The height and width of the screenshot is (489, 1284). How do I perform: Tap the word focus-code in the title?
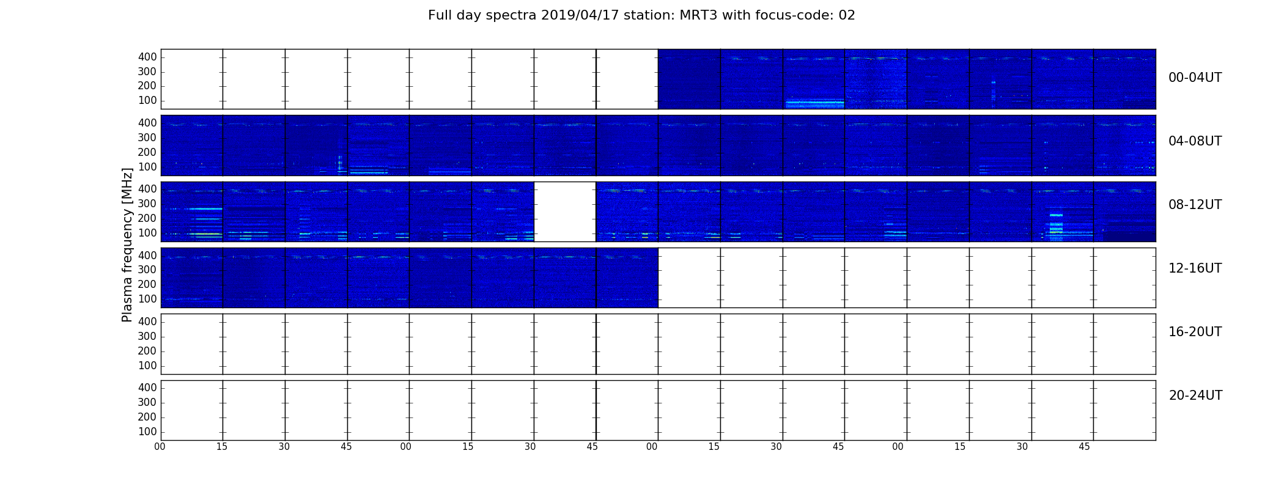click(788, 15)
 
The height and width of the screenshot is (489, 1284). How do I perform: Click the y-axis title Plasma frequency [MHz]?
click(127, 244)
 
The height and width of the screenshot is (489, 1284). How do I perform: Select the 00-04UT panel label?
click(1195, 78)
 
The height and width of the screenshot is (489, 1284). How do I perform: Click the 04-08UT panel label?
click(1195, 141)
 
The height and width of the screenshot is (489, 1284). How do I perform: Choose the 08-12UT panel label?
click(1195, 205)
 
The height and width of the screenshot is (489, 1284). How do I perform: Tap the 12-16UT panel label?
click(1195, 268)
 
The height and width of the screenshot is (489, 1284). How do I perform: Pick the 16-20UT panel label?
click(1195, 332)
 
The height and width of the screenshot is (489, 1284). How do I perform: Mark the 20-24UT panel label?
click(1195, 395)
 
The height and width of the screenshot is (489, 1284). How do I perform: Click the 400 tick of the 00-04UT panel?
click(147, 57)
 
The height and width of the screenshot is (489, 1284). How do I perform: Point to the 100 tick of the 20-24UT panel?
click(147, 432)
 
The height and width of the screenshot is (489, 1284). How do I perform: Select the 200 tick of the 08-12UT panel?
click(147, 218)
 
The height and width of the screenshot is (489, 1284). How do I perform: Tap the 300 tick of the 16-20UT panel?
click(147, 336)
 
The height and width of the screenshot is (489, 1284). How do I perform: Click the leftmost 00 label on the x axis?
click(160, 447)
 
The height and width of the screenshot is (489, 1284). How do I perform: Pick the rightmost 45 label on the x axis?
click(1084, 447)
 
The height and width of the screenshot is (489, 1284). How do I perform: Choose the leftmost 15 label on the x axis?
click(222, 447)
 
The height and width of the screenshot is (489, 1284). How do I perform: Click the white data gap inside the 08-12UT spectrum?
click(565, 211)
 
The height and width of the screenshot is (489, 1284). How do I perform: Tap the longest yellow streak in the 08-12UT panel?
click(205, 234)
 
